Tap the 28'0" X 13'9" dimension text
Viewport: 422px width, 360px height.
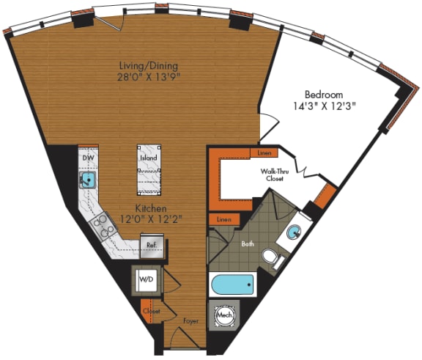pos(150,76)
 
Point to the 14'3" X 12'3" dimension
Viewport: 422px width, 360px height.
pos(326,106)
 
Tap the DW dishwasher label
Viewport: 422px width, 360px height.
pos(88,157)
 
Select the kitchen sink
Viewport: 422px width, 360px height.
pos(89,179)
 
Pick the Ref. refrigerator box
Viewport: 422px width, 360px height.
pos(151,246)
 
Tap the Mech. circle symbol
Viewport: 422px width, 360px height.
pos(225,316)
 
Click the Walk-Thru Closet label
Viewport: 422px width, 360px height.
pos(277,175)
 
